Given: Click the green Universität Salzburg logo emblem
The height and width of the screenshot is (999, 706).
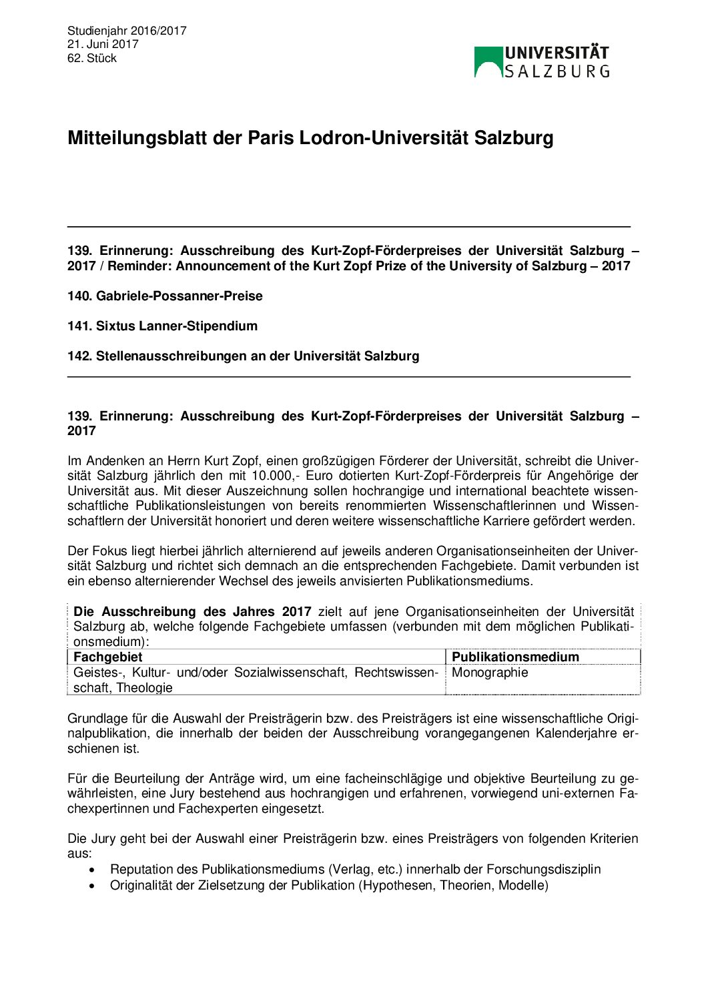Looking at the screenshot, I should coord(488,62).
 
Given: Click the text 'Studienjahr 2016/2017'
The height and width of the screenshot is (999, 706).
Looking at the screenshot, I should coord(127,31).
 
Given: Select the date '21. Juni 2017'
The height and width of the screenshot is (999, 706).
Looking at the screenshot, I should coord(103,44).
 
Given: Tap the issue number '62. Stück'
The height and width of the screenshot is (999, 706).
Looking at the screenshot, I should coord(92,58).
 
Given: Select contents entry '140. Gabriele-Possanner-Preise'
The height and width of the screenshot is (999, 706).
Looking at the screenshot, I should coord(165,296).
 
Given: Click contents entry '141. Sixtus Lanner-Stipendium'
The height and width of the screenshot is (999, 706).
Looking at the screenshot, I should coord(162,326).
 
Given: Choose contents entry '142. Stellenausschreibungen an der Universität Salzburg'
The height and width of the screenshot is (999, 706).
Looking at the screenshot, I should coord(243,356).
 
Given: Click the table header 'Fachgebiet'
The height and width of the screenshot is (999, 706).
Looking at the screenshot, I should coord(108,657).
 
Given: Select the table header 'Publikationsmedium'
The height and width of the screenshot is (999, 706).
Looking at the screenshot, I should coord(515,657).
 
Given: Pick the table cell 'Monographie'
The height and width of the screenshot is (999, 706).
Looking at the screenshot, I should coord(490,672).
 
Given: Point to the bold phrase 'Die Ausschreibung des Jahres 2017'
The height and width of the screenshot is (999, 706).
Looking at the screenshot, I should coord(192,611).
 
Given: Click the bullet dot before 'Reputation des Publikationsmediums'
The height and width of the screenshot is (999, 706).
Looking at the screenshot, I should coord(92,870).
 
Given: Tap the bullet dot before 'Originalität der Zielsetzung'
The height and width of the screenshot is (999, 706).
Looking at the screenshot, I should coord(92,886).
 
